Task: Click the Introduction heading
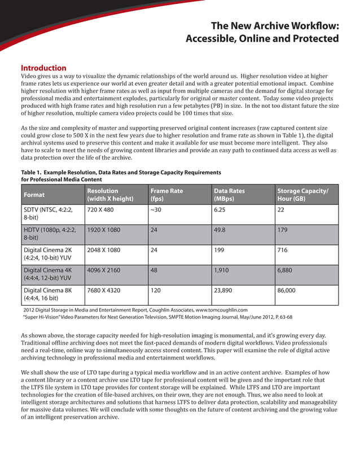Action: [x=43, y=68]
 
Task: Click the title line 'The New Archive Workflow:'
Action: [x=274, y=26]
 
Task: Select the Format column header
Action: [x=34, y=195]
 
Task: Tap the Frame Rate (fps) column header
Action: [x=166, y=195]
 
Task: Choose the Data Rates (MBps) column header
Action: [x=229, y=195]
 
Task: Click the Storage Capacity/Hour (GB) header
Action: [x=302, y=195]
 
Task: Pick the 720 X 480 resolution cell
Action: [x=101, y=209]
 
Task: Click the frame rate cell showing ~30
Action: [x=156, y=209]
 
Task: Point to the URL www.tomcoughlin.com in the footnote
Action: [x=222, y=310]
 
